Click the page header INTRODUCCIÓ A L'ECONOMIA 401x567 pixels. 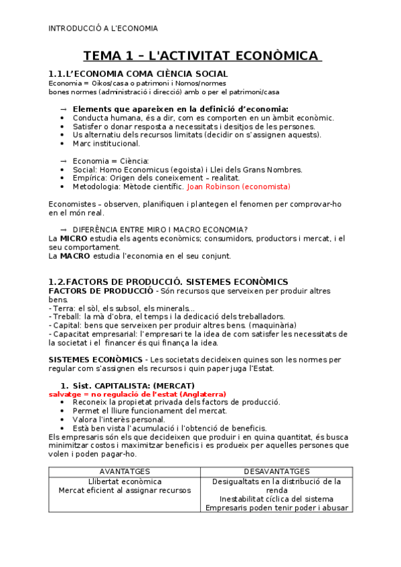pos(103,28)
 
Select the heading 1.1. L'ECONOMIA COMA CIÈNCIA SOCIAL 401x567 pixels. pos(138,74)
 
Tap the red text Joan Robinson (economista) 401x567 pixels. pos(239,187)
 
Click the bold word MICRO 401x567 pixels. pos(74,238)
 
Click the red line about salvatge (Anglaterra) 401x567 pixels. pos(137,394)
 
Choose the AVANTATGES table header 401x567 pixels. pos(125,472)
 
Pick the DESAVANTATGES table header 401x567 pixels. pos(276,472)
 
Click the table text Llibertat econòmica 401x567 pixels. pos(125,481)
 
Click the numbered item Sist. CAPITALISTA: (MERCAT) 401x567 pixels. pos(133,386)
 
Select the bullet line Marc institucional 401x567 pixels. pos(106,143)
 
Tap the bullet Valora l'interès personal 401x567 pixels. pos(118,419)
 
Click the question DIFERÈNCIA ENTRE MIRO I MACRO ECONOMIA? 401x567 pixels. pos(161,229)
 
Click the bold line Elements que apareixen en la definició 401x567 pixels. pos(180,109)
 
